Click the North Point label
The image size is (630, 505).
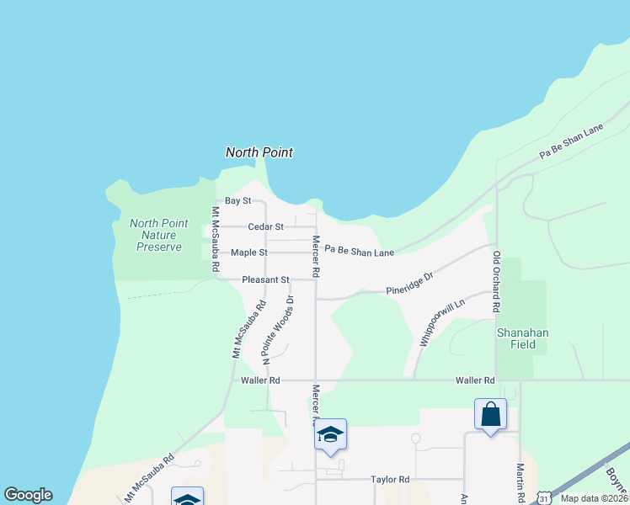pyautogui.click(x=259, y=152)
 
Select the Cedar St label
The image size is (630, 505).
pyautogui.click(x=265, y=226)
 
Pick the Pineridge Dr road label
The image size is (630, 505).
pyautogui.click(x=409, y=283)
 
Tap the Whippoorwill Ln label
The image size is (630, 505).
pyautogui.click(x=442, y=323)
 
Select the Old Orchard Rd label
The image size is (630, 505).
pyautogui.click(x=497, y=284)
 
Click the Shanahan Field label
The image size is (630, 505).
pyautogui.click(x=522, y=339)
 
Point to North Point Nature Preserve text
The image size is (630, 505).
pyautogui.click(x=158, y=235)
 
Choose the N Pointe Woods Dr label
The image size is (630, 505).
pyautogui.click(x=277, y=329)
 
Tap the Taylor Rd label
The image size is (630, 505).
pyautogui.click(x=390, y=480)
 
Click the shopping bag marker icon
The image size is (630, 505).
pyautogui.click(x=491, y=415)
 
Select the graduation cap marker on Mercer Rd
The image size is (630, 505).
pyautogui.click(x=331, y=435)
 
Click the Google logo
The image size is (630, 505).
pyautogui.click(x=28, y=495)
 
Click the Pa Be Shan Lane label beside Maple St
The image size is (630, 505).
pyautogui.click(x=359, y=252)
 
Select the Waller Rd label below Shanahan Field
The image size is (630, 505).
pyautogui.click(x=473, y=380)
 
